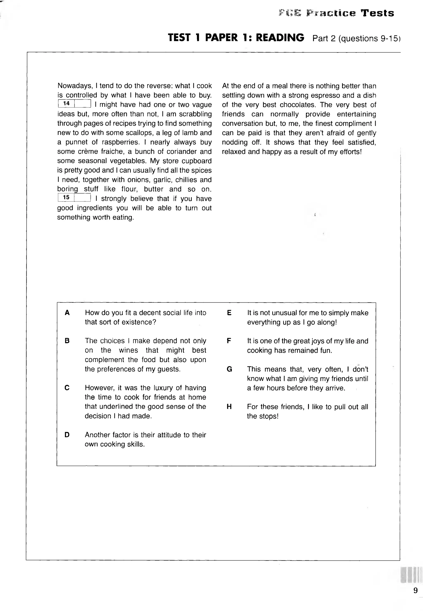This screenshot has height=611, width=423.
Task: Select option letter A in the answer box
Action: pyautogui.click(x=67, y=313)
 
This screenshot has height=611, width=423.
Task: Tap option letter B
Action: pyautogui.click(x=67, y=341)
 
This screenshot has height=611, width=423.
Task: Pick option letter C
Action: pyautogui.click(x=67, y=388)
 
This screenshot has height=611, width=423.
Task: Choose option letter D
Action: pyautogui.click(x=67, y=435)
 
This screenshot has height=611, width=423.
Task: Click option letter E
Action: pyautogui.click(x=229, y=313)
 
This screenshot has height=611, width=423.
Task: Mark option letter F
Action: pyautogui.click(x=229, y=341)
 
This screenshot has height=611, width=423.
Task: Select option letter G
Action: pyautogui.click(x=229, y=369)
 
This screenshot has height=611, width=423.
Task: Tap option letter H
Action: pyautogui.click(x=229, y=407)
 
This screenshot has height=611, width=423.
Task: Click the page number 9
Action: pyautogui.click(x=415, y=590)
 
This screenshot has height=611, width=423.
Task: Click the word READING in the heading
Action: pyautogui.click(x=280, y=38)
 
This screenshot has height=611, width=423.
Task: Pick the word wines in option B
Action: pyautogui.click(x=128, y=350)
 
